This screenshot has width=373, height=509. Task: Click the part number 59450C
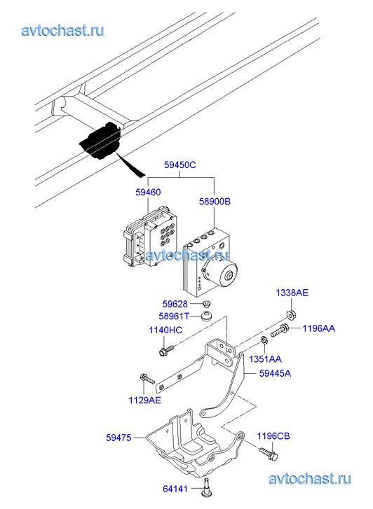[x=179, y=165]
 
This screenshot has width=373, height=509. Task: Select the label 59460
[x=148, y=192]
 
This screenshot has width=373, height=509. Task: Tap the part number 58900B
[x=215, y=202]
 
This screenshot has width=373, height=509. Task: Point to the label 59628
[x=175, y=304]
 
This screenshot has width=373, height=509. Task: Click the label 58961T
[x=174, y=316]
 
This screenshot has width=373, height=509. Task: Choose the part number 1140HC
[x=165, y=330]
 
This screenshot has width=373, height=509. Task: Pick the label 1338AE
[x=292, y=293]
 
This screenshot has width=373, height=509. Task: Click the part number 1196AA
[x=319, y=328]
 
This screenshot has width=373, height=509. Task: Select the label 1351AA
[x=265, y=359]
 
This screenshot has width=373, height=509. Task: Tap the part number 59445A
[x=275, y=373]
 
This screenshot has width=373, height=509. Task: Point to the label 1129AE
[x=144, y=400]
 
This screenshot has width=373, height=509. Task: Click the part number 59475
[x=118, y=438]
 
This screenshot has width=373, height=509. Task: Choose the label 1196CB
[x=273, y=436]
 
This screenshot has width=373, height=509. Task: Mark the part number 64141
[x=175, y=488]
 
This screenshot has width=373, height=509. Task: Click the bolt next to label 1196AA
[x=279, y=330]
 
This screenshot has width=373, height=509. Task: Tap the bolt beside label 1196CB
[x=269, y=453]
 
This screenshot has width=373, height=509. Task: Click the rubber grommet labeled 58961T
[x=206, y=316]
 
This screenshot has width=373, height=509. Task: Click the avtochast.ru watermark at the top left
[x=62, y=31]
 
